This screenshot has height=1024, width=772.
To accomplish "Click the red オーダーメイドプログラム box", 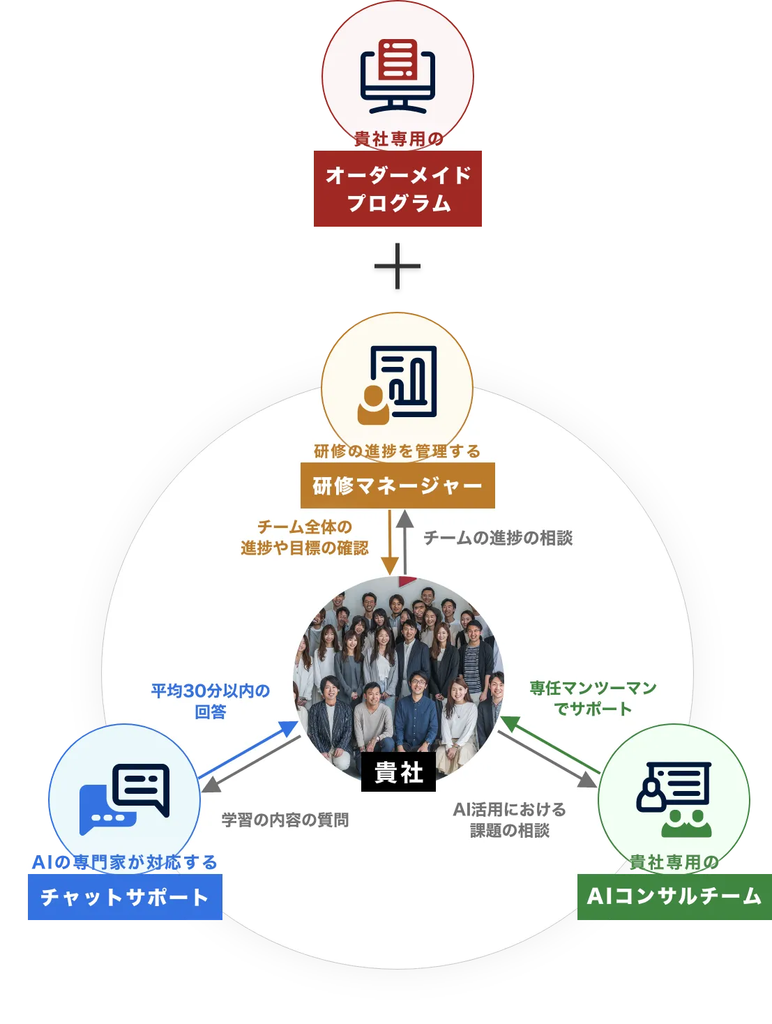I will point(398,189).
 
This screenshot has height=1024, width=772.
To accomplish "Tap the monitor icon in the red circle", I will point(398,77).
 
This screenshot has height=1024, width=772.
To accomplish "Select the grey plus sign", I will point(398,266).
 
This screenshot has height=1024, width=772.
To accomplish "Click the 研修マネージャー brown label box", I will point(398,485).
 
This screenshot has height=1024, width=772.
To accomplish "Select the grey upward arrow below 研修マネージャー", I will point(405,541).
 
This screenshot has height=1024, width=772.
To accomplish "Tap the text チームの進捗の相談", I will point(498,538).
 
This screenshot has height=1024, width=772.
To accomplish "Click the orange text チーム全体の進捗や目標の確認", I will point(305,537).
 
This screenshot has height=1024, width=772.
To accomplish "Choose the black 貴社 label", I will point(398,773).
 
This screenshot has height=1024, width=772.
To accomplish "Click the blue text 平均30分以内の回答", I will point(211,700).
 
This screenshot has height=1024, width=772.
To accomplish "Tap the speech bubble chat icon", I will point(125,798).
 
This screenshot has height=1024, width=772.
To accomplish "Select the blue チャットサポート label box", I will point(125,897).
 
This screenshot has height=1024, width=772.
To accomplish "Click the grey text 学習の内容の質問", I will point(285,820).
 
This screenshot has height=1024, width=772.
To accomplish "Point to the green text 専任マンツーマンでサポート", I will point(593,698).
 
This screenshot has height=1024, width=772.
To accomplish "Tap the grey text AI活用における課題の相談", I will point(510,820).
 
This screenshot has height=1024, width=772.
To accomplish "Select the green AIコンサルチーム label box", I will point(674,896).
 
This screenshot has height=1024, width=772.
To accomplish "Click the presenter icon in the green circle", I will point(674,798).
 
